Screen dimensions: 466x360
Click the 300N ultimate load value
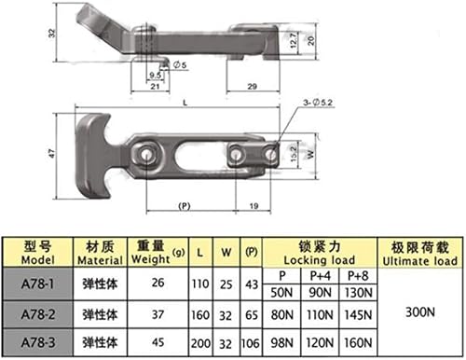coord(420,312)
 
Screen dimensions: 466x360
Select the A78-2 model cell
coord(38,314)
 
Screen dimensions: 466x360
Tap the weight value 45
coord(158,342)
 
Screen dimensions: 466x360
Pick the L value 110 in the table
coord(200,284)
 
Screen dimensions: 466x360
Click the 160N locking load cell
coord(358,342)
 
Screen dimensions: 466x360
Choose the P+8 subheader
coord(358,276)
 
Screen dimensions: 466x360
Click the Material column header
coord(100,253)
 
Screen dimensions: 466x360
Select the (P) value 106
coord(251,343)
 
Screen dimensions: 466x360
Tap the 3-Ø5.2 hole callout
coord(318,103)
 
